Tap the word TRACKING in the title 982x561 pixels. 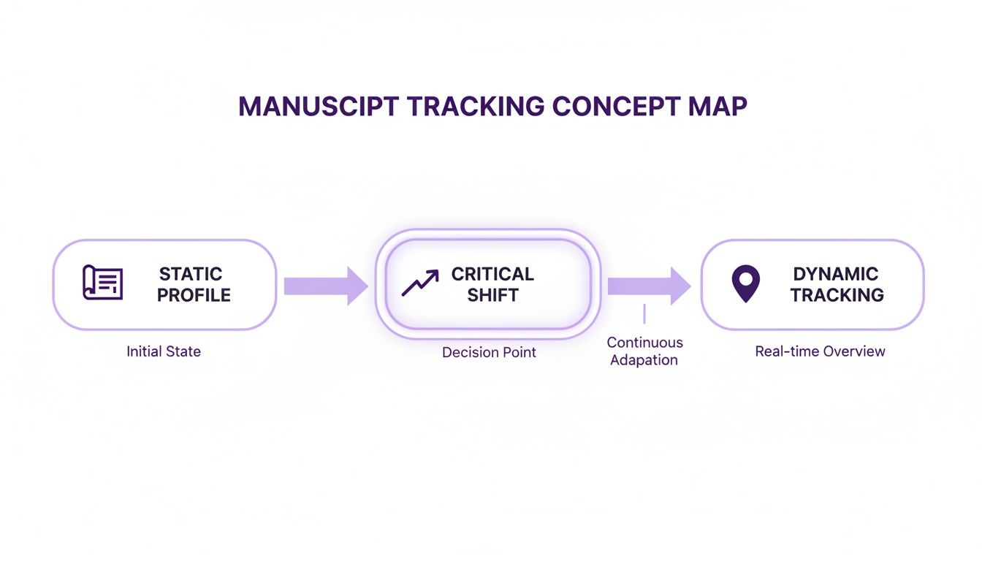476,107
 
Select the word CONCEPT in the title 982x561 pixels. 616,107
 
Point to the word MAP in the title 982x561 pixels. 718,107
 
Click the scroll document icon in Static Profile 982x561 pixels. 102,283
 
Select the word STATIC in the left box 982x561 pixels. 191,274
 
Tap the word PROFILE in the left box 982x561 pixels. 194,295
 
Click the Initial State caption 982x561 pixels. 164,351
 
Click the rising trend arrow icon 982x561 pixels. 420,283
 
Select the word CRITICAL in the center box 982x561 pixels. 492,274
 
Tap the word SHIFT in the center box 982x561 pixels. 492,295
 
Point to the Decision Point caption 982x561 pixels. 489,352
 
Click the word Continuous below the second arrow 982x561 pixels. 644,343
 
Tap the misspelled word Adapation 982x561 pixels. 644,360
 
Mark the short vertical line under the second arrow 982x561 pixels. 644,314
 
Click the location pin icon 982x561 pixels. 745,283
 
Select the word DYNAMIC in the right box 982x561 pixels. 835,274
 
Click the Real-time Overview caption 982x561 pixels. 820,351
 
